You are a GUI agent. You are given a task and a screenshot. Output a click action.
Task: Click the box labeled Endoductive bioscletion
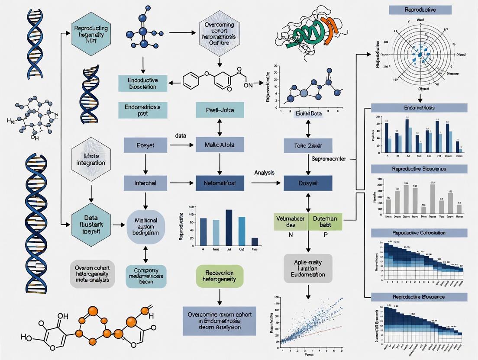(142, 84)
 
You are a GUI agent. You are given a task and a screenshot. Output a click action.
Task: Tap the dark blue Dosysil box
(308, 183)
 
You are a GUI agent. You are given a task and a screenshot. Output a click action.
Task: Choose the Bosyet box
(145, 145)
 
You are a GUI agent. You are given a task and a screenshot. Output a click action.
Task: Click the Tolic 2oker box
(308, 145)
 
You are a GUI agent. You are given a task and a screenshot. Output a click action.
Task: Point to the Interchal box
(145, 183)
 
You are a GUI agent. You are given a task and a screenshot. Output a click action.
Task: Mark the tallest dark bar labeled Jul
(229, 228)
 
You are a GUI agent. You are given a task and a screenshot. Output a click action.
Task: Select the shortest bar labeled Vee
(255, 242)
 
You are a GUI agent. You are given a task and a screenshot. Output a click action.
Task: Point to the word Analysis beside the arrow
(264, 173)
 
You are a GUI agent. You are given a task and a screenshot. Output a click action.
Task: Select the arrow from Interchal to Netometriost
(181, 183)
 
